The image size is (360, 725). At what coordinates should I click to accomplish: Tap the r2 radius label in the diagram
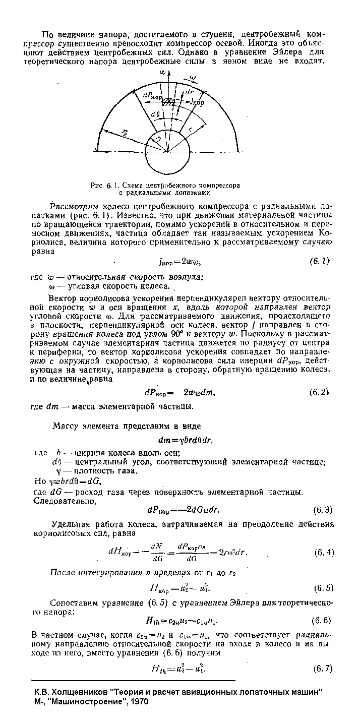coord(125,133)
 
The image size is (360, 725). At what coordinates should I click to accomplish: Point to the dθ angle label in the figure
coord(156,113)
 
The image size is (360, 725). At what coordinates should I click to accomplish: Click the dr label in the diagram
coord(190,93)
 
